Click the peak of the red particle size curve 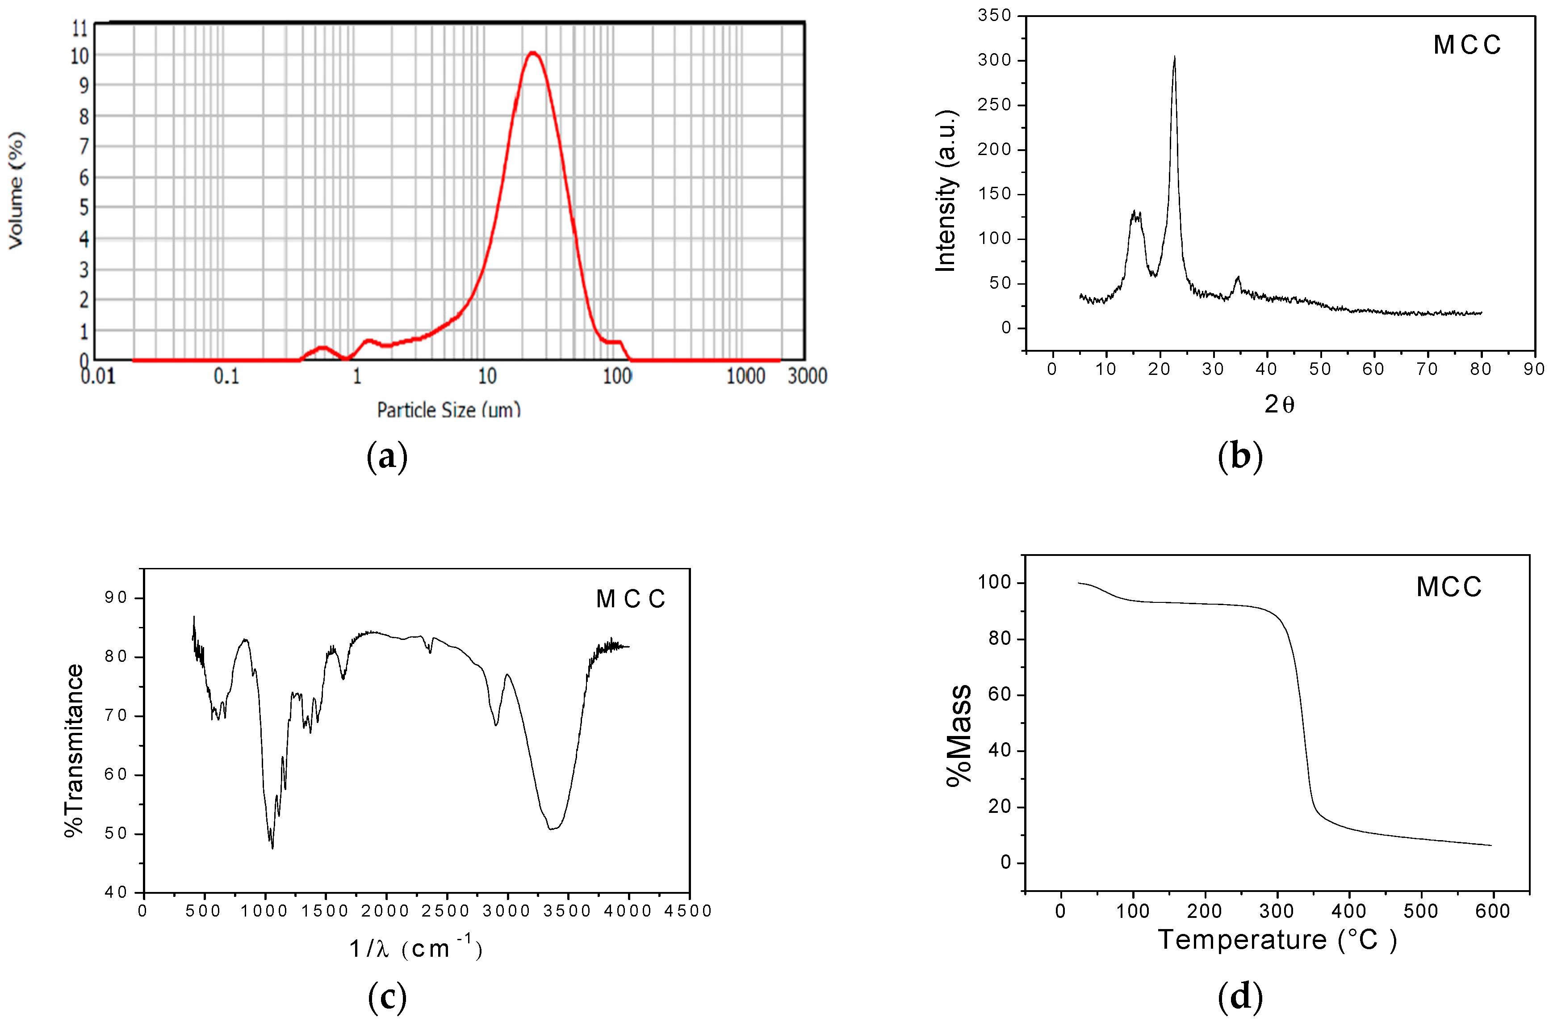tap(533, 53)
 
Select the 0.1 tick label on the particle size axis tap(227, 376)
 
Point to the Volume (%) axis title tap(16, 190)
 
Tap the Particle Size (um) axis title tap(449, 410)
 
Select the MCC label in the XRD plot tap(1467, 45)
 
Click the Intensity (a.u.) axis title tap(946, 190)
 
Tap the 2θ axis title tap(1279, 405)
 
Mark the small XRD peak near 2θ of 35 tap(1237, 278)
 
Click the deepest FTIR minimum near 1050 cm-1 tap(272, 847)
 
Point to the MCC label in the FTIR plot tap(631, 599)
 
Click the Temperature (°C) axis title tap(1277, 940)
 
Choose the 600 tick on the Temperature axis tap(1492, 911)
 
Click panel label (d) tap(1239, 997)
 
